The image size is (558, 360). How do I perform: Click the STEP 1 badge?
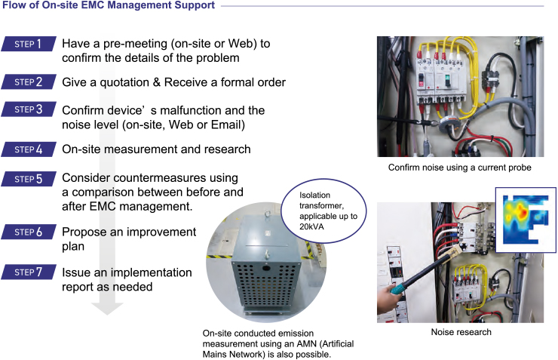pyautogui.click(x=29, y=45)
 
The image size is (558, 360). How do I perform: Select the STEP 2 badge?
pyautogui.click(x=29, y=82)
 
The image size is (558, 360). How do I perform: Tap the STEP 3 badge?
pyautogui.click(x=29, y=110)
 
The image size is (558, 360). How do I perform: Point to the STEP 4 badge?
pyautogui.click(x=29, y=149)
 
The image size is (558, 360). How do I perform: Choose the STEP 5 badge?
pyautogui.click(x=29, y=180)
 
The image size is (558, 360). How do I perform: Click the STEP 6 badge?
pyautogui.click(x=29, y=232)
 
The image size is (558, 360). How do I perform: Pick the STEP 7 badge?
pyautogui.click(x=29, y=272)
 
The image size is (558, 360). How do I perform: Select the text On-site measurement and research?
pyautogui.click(x=156, y=149)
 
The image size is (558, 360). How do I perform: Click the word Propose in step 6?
pyautogui.click(x=86, y=232)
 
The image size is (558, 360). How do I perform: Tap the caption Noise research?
pyautogui.click(x=461, y=332)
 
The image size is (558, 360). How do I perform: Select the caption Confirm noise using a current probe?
pyautogui.click(x=460, y=167)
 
